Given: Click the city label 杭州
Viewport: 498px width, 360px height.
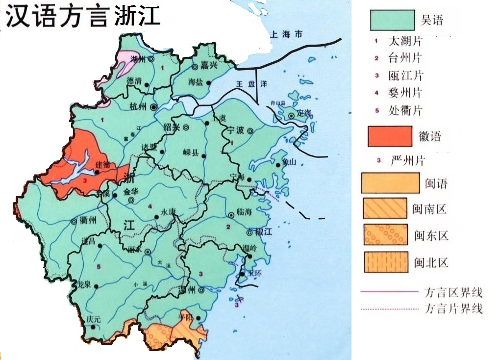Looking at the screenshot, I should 138,106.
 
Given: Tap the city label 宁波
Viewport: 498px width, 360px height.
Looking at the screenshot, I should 236,130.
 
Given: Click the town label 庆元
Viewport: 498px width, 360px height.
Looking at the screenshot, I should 93,319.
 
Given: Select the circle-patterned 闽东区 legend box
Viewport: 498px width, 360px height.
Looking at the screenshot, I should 385,235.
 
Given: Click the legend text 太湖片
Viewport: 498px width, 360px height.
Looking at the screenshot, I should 404,41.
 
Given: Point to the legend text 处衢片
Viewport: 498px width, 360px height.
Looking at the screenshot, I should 404,110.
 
